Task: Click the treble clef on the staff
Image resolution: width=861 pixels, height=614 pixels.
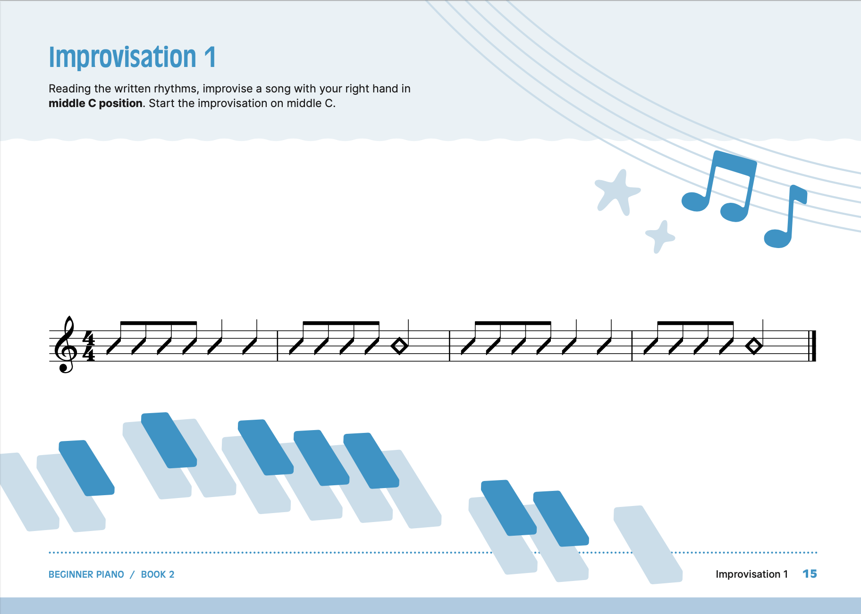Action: coord(65,345)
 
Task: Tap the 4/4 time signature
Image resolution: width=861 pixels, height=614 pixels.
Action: coord(89,346)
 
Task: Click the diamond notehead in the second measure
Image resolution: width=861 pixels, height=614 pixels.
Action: coord(400,346)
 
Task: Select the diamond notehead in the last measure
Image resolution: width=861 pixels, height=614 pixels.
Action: coord(754,346)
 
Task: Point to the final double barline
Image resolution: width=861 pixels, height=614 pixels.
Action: coord(812,346)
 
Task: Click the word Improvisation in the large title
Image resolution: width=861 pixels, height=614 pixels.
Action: coord(123,58)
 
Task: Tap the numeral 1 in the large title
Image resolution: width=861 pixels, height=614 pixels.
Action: coord(210,57)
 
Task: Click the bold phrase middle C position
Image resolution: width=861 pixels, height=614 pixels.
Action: coord(95,103)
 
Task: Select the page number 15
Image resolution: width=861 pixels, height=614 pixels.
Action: coord(810,574)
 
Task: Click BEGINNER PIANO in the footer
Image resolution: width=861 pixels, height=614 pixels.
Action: coord(86,574)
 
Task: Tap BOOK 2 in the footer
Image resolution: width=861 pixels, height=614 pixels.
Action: coord(158,574)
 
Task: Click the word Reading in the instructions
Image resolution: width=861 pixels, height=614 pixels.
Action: coord(70,89)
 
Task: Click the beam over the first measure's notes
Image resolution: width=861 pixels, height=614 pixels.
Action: coord(159,323)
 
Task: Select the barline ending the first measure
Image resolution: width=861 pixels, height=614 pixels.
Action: coord(277,346)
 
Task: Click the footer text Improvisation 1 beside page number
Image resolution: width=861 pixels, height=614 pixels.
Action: coord(752,574)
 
